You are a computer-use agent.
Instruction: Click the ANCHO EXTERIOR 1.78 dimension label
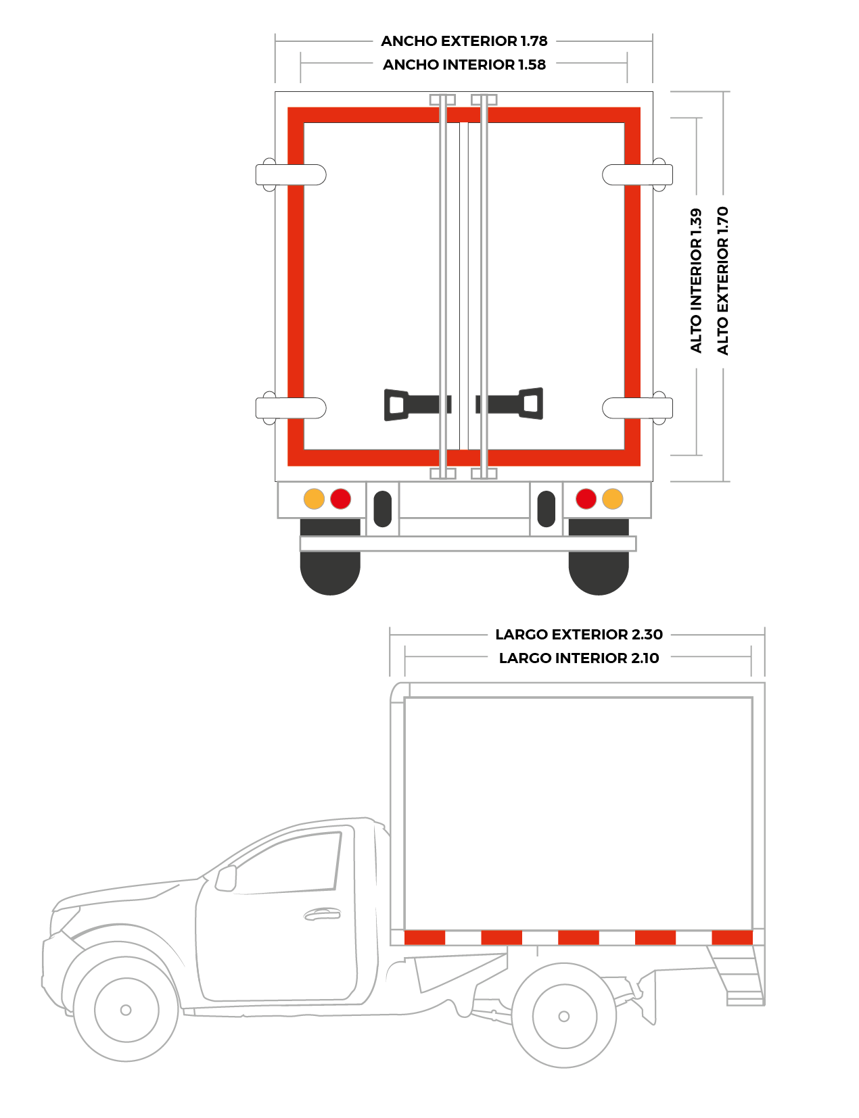point(464,41)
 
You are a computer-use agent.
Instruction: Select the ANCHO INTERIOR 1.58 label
point(464,65)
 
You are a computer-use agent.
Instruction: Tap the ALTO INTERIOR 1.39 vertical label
point(696,281)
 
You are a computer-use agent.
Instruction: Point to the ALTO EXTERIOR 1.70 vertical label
point(722,281)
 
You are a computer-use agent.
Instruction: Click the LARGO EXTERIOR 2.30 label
point(579,635)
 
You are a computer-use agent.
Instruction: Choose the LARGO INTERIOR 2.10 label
point(579,658)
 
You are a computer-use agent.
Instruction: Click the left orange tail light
point(314,499)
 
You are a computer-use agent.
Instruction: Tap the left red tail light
point(340,499)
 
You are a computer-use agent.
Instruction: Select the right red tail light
point(586,499)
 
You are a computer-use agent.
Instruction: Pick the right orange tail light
point(613,499)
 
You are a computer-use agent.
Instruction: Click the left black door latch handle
point(417,404)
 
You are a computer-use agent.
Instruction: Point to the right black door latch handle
point(509,404)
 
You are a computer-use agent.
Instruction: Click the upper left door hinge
point(291,175)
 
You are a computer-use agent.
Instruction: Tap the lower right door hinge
point(637,408)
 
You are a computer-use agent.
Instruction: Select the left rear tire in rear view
point(330,557)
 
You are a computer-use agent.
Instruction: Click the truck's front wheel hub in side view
point(126,1010)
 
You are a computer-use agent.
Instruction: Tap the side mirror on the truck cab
point(226,878)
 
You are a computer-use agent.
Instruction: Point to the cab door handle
point(323,914)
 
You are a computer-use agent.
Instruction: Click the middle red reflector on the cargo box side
point(578,938)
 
